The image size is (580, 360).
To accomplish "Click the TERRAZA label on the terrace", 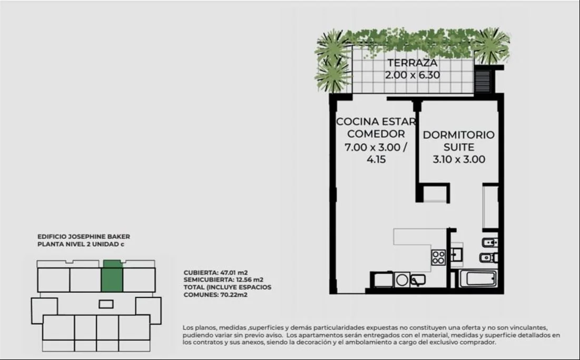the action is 412,63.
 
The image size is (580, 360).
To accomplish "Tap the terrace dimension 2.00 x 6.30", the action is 412,75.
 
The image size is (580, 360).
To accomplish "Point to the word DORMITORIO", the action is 459,135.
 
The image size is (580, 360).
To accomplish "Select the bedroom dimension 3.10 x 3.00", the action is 459,160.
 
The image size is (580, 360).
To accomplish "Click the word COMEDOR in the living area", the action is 376,134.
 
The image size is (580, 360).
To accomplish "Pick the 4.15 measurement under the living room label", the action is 376,160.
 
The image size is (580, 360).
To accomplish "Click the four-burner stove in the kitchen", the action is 438,258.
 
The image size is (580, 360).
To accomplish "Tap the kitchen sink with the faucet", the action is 417,280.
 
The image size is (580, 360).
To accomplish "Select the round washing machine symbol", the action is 402,280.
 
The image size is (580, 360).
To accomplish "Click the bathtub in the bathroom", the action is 477,279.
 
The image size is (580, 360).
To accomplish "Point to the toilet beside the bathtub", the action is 488,258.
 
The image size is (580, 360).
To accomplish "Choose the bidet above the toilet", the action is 489,242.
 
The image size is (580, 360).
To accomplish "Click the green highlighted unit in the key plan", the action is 112,276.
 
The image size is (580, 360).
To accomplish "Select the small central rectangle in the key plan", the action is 106,304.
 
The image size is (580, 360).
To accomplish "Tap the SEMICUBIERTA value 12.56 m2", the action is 250,280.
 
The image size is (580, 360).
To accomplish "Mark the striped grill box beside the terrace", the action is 483,80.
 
